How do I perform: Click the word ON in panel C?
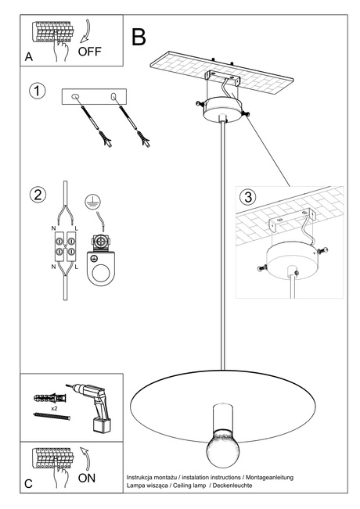[88, 476]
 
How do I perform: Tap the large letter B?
[139, 36]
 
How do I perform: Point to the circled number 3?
[249, 196]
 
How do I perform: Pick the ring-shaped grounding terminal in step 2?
[101, 274]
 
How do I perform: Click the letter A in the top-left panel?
[29, 57]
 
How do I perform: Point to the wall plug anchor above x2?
[46, 396]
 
